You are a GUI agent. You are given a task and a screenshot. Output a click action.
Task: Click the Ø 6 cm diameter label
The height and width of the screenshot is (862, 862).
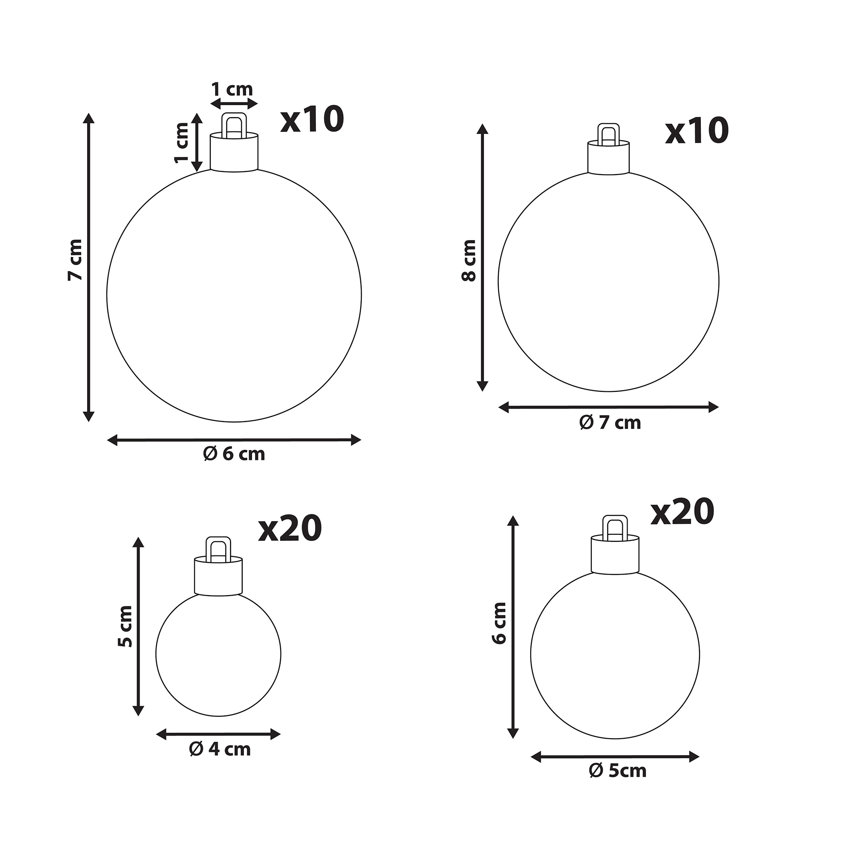[234, 454]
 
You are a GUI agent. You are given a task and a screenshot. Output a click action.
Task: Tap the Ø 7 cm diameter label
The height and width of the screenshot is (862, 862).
[610, 422]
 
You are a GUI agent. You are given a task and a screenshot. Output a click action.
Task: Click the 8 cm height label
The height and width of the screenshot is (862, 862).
[468, 260]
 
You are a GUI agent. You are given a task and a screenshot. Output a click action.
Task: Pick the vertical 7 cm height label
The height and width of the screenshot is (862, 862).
[75, 260]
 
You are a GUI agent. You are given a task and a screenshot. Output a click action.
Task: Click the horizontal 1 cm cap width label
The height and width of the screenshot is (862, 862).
[232, 89]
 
